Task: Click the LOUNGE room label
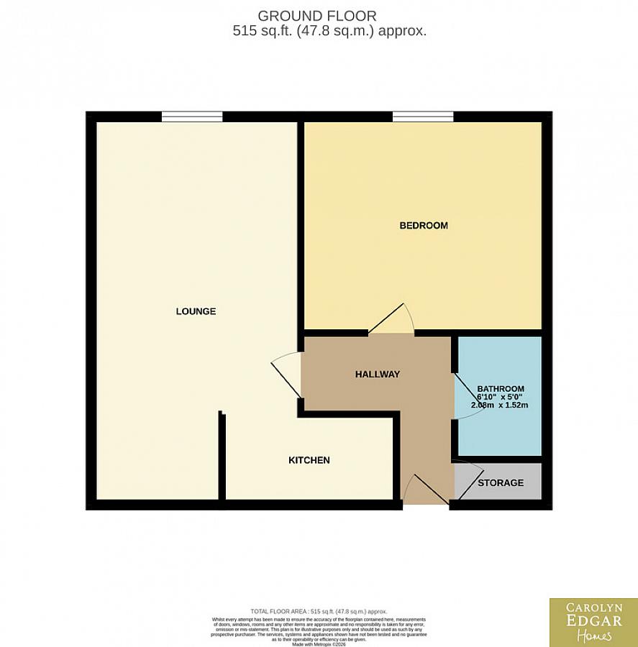click(196, 311)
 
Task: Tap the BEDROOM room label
click(424, 226)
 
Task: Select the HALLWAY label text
click(377, 374)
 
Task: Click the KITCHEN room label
click(309, 460)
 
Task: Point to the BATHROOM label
click(501, 388)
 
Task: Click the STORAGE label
click(501, 482)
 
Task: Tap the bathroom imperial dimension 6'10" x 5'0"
click(499, 397)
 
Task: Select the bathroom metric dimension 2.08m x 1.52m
click(499, 405)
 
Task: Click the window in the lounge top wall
click(191, 116)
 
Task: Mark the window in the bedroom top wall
click(423, 116)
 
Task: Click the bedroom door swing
click(393, 321)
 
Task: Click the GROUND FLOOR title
click(316, 16)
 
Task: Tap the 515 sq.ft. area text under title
click(329, 32)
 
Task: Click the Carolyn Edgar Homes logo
click(593, 622)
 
